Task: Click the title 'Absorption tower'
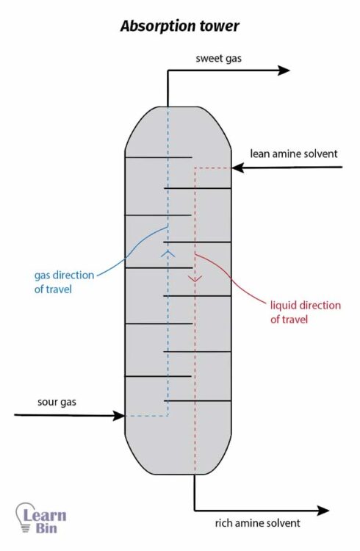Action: point(180,26)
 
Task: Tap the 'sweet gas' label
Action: point(219,58)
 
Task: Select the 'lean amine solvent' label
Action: point(294,154)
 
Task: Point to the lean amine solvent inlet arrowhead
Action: point(237,168)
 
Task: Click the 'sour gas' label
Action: point(57,402)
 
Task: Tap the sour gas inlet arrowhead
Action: point(119,416)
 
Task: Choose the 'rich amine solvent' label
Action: point(258,523)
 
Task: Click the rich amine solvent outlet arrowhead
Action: point(323,511)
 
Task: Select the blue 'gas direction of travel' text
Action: point(65,282)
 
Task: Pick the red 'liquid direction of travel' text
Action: point(306,312)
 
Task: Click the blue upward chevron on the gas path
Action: point(168,253)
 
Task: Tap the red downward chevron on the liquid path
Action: point(195,278)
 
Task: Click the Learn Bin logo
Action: point(41,518)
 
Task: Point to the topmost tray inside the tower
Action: point(159,157)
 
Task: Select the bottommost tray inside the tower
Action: point(197,400)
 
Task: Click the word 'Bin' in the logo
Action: point(46,527)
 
